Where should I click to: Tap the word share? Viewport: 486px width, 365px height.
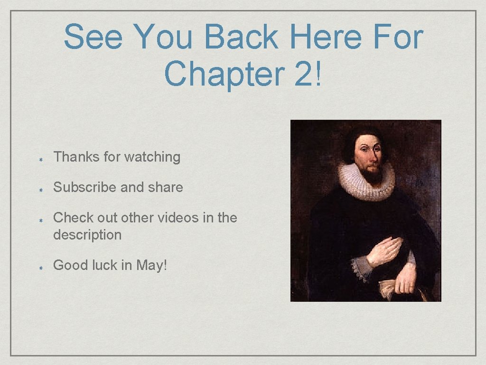165,187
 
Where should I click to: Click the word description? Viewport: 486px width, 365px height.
87,235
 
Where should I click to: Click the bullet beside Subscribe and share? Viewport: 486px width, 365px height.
42,189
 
